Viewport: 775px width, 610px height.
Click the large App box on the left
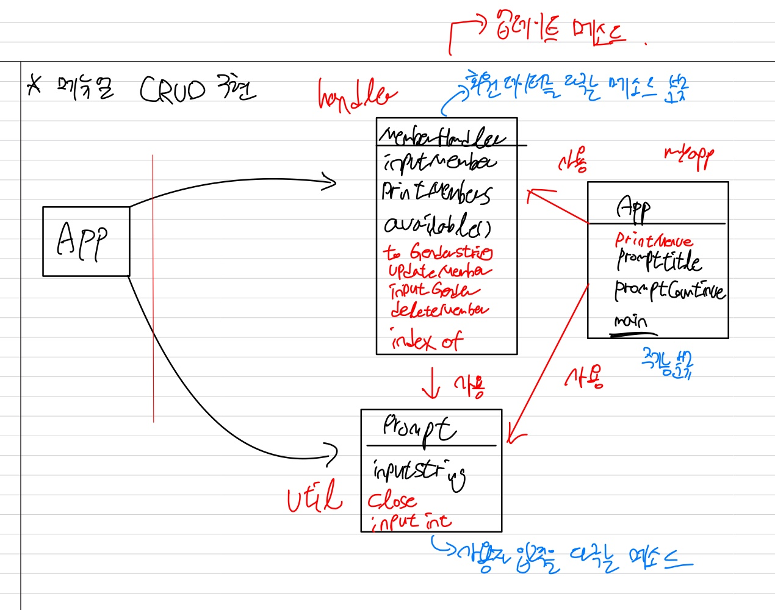pos(86,241)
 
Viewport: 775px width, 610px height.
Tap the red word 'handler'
pos(356,96)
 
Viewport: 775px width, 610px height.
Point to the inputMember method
pos(439,163)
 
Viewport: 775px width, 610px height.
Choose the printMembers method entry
pos(436,193)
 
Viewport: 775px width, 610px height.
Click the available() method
pos(437,225)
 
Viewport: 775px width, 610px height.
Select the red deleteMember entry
pos(439,309)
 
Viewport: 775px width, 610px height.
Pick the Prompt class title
pos(419,429)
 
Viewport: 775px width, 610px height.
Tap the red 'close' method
pos(392,501)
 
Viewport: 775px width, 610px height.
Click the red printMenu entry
pos(654,240)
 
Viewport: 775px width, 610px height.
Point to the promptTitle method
pos(658,261)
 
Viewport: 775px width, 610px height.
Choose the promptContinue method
pos(669,290)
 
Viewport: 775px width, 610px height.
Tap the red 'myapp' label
pos(689,157)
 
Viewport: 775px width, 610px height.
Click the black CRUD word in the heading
pos(173,91)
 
